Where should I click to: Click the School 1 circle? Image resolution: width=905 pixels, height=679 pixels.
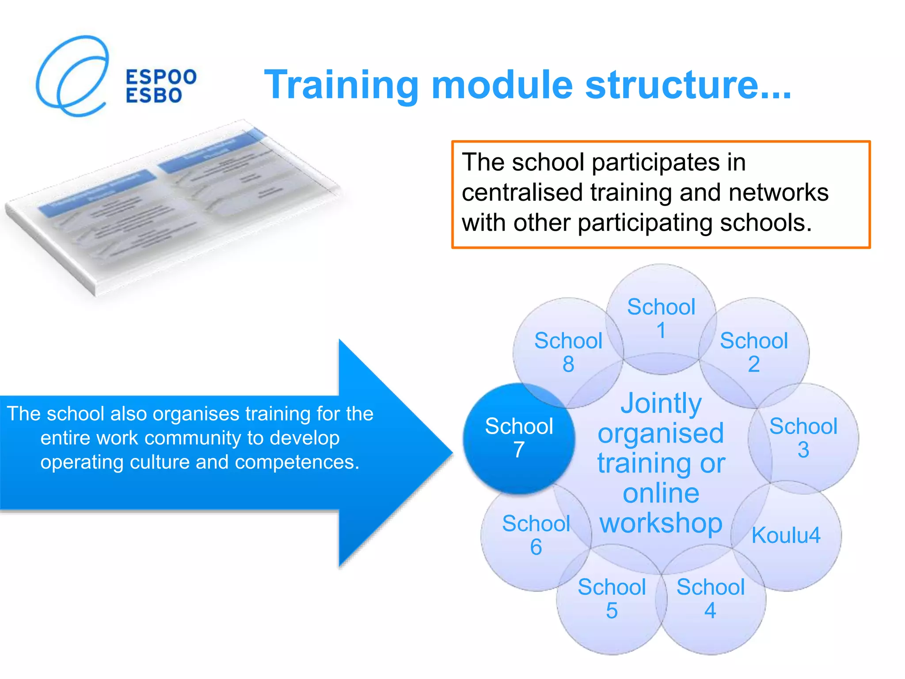point(661,318)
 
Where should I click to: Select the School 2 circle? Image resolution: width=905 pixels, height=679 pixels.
point(754,352)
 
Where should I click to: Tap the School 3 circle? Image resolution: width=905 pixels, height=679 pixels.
point(803,438)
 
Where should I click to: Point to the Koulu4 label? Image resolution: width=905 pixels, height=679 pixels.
point(786,535)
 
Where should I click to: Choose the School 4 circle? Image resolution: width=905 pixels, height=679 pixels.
point(711,599)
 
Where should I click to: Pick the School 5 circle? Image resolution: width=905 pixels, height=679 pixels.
point(612,599)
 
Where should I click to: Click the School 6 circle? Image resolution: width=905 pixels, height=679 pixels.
point(536,535)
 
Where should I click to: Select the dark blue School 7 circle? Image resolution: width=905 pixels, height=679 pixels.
point(519,438)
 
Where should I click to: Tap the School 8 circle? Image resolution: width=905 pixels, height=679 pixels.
point(568,352)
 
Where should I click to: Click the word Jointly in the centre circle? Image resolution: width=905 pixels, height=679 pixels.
point(661,403)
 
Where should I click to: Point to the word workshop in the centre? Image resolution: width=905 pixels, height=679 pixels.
point(661,523)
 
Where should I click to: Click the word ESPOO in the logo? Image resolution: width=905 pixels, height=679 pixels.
point(161,77)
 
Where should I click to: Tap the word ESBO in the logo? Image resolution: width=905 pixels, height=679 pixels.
point(154,96)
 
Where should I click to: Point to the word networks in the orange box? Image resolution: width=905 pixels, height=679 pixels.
point(778,193)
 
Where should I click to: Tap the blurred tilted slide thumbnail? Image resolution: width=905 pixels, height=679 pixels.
point(172,208)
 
